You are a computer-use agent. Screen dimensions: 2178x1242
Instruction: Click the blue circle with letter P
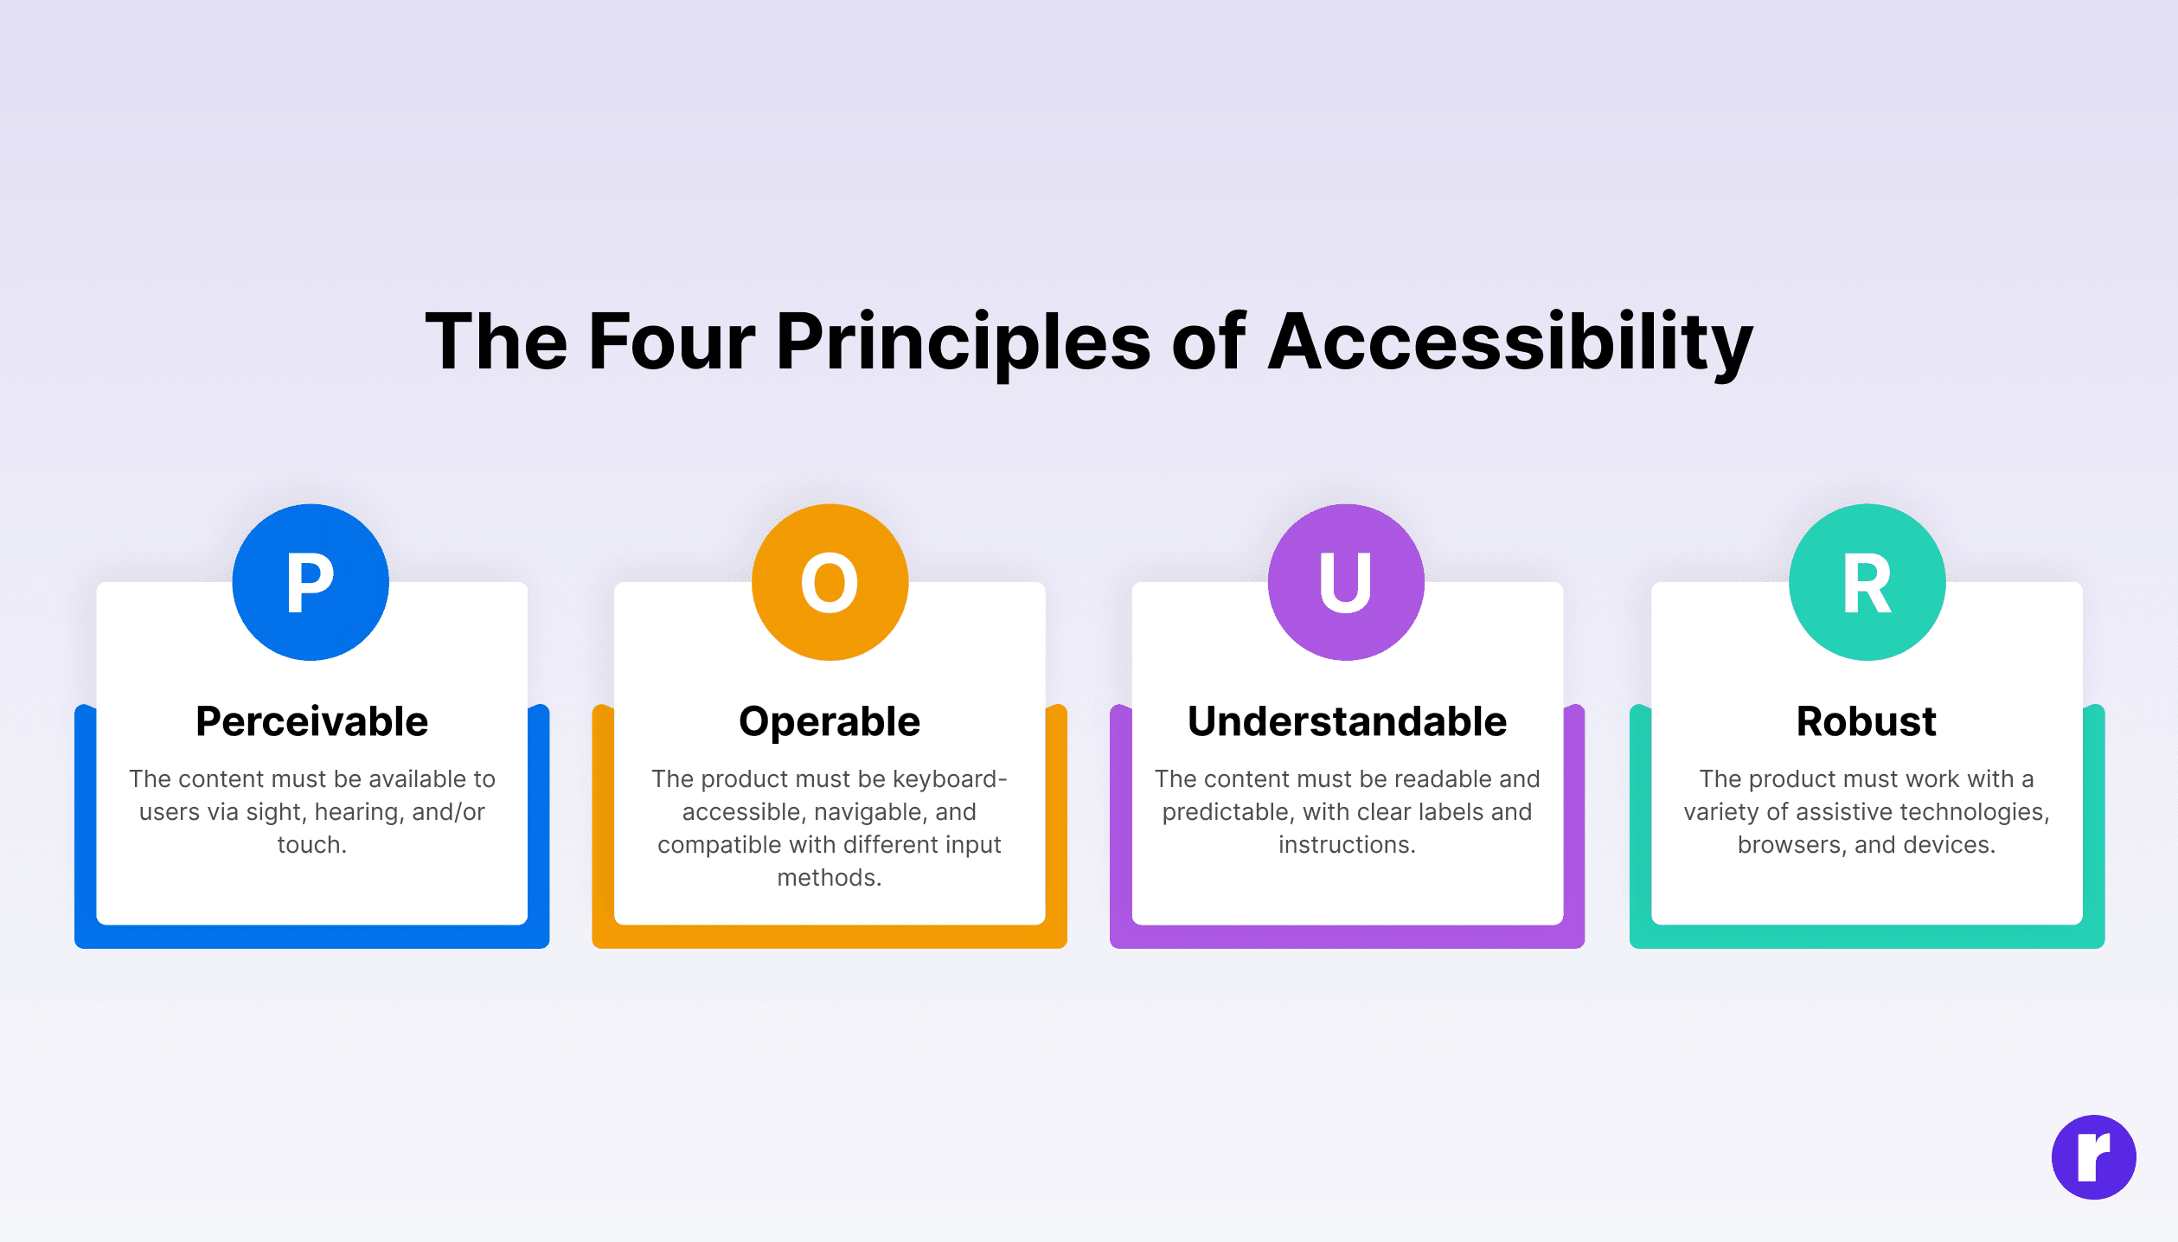click(x=311, y=582)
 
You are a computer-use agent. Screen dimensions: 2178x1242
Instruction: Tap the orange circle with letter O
click(x=830, y=582)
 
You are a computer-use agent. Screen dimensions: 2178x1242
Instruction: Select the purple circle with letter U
click(x=1346, y=582)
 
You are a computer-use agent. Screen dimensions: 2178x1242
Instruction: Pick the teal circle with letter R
click(x=1867, y=582)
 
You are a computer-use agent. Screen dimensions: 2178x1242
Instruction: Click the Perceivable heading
click(x=311, y=721)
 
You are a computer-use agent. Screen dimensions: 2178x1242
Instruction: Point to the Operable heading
click(x=830, y=722)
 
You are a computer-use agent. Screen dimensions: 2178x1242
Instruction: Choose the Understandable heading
click(x=1347, y=721)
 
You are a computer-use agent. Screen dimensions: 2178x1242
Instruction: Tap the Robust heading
click(x=1866, y=721)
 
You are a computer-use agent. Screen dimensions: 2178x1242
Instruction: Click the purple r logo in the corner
click(x=2093, y=1157)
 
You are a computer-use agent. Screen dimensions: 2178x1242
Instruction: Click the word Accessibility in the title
click(x=1510, y=343)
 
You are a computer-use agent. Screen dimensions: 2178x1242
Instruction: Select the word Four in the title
click(x=672, y=343)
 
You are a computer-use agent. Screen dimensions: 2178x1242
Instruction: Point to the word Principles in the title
click(x=964, y=343)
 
